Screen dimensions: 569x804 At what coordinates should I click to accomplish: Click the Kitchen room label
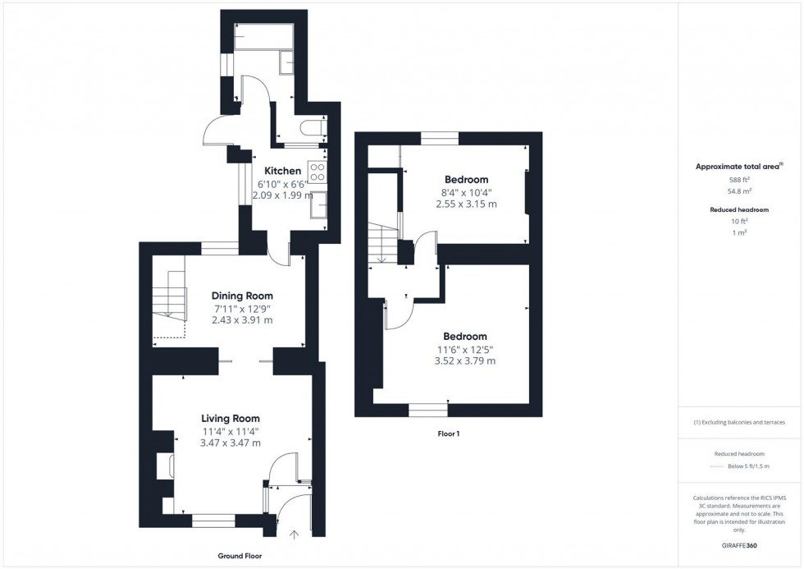pyautogui.click(x=283, y=171)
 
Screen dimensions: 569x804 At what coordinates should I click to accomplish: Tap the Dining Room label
pyautogui.click(x=242, y=296)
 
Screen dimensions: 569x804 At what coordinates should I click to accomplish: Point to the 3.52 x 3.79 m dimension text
pyautogui.click(x=465, y=360)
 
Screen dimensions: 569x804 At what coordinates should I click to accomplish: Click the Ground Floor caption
pyautogui.click(x=240, y=556)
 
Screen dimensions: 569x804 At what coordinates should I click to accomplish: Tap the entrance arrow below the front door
pyautogui.click(x=295, y=535)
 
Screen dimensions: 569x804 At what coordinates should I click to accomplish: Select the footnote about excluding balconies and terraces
pyautogui.click(x=739, y=422)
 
